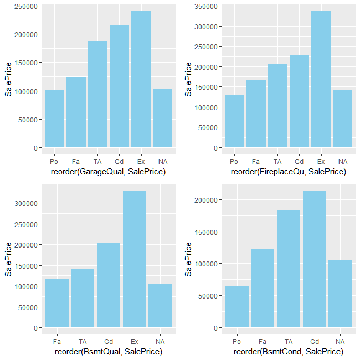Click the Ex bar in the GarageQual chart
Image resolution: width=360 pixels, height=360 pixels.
[141, 79]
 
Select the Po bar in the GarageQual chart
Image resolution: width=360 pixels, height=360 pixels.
[54, 119]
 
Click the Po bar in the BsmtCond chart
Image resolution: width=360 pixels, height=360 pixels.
[237, 307]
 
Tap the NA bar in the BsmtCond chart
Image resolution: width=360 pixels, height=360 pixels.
[339, 294]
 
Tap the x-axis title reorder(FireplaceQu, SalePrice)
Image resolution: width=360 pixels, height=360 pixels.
[288, 172]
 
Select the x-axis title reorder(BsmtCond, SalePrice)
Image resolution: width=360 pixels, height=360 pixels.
[288, 352]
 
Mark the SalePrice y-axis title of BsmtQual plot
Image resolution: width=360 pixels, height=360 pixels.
[8, 260]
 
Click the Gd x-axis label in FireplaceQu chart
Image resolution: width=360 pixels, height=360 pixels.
[299, 161]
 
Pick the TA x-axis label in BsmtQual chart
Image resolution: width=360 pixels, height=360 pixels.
[83, 341]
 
